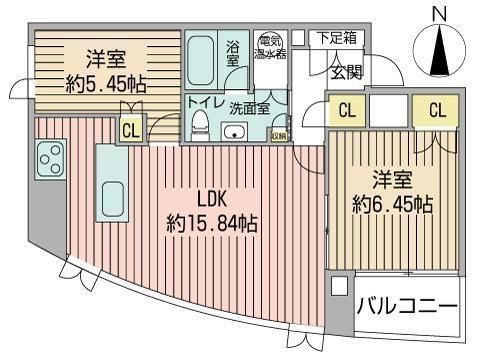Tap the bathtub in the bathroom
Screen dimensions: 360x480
201,60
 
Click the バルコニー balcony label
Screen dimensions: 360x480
408,306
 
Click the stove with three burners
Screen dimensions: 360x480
49,157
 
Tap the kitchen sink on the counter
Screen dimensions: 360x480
112,198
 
